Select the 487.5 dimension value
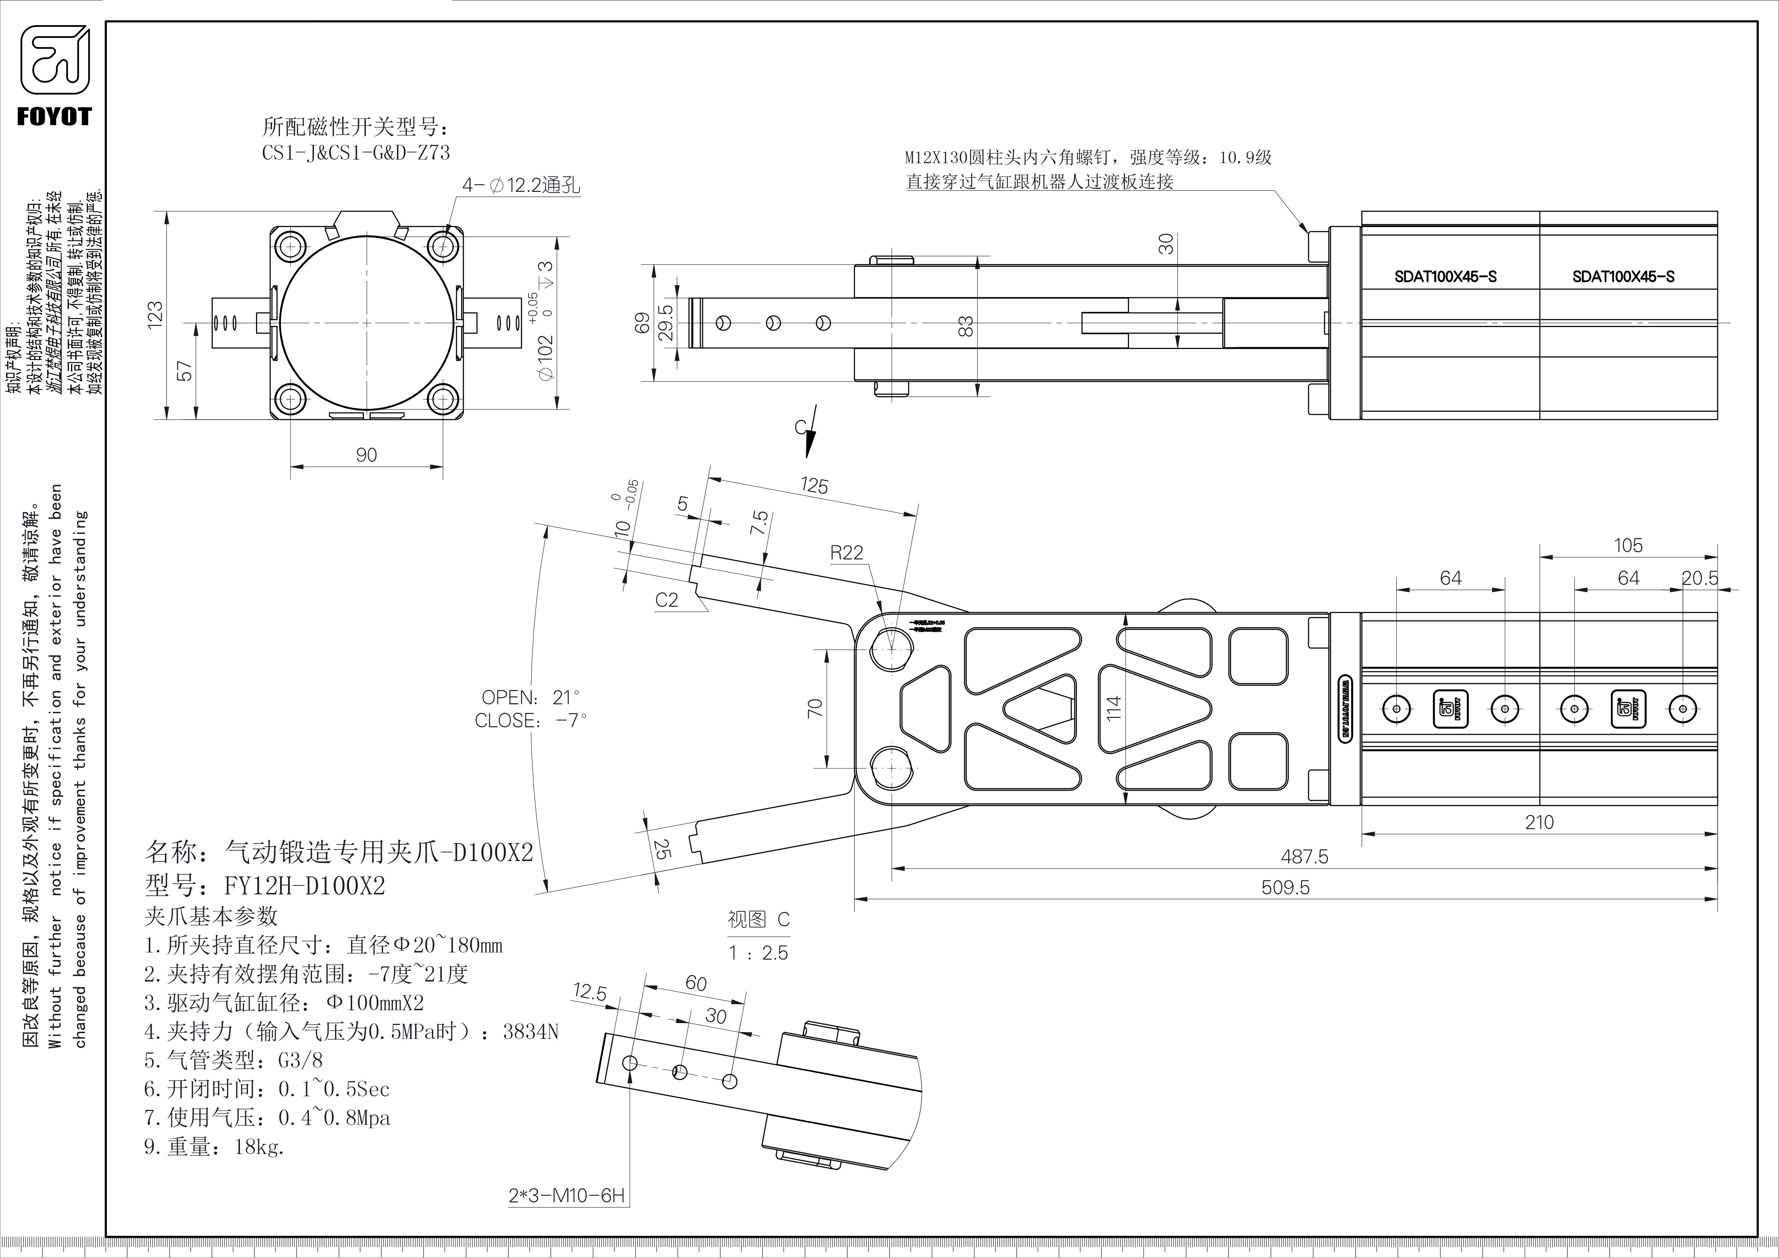click(x=1304, y=857)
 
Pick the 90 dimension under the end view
click(x=366, y=455)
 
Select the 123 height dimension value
click(x=156, y=315)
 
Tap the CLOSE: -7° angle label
click(x=531, y=720)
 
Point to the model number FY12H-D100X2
click(x=304, y=885)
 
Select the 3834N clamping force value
click(x=531, y=1032)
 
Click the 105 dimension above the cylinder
click(x=1628, y=545)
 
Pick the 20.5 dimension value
click(x=1700, y=578)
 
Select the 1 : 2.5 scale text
click(x=758, y=953)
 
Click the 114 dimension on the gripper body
click(x=1113, y=708)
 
